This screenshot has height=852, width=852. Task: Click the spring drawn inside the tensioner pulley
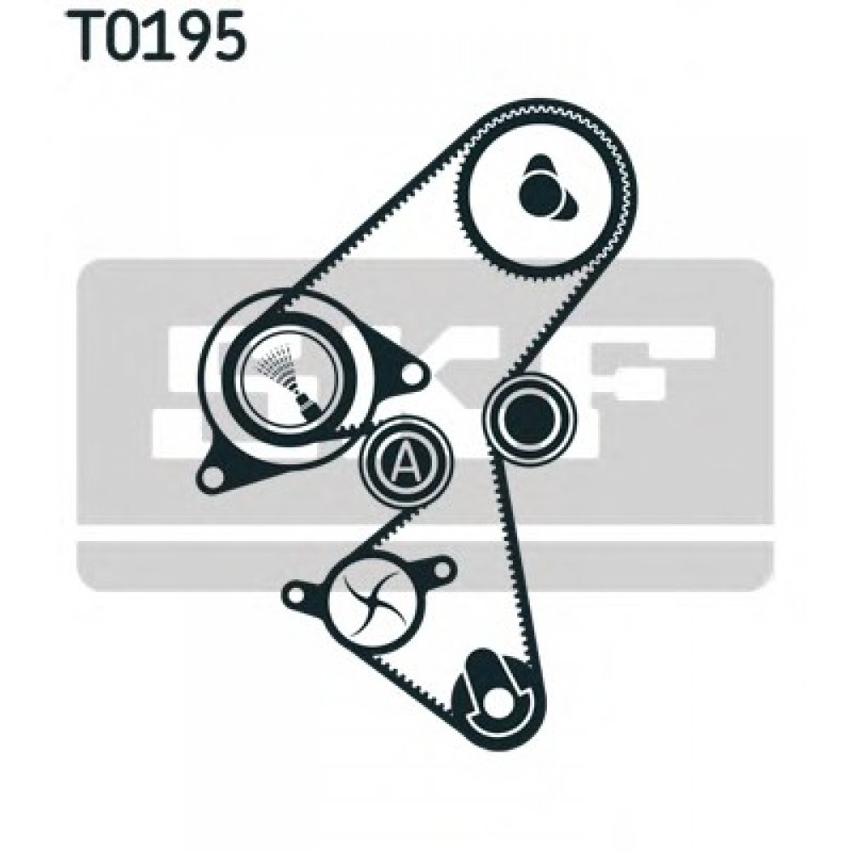(x=286, y=375)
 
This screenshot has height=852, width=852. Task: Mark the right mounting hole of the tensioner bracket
(x=412, y=373)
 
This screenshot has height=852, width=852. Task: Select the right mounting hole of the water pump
(x=440, y=567)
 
